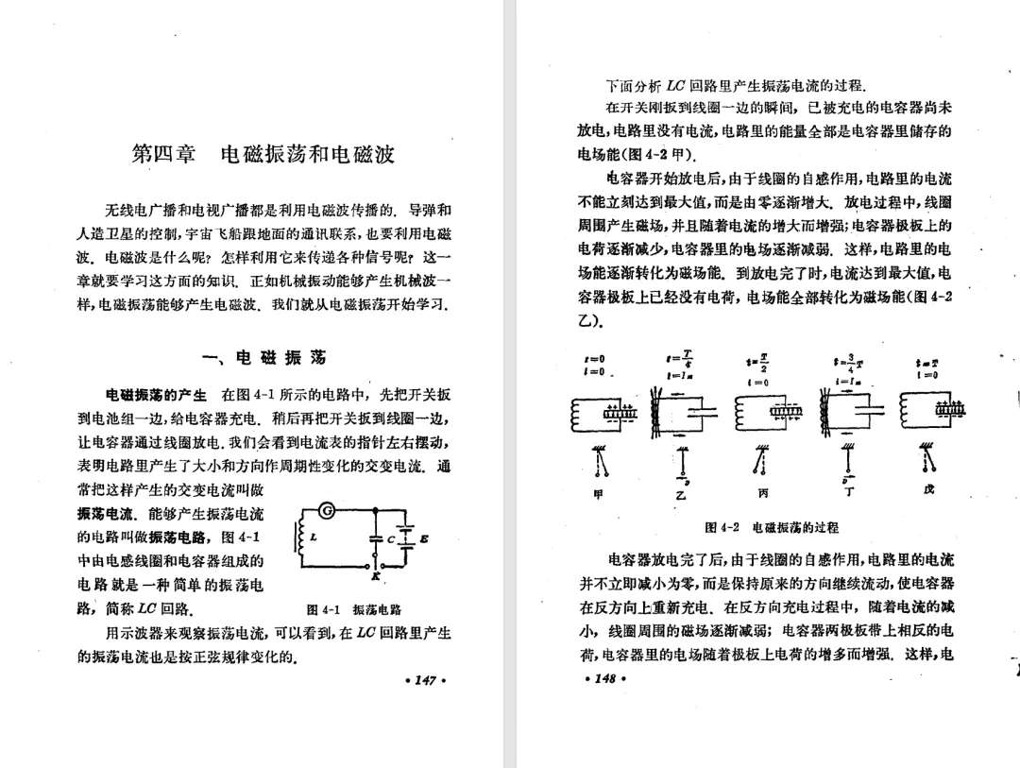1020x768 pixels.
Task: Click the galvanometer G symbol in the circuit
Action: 329,511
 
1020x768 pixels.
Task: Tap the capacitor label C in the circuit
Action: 389,539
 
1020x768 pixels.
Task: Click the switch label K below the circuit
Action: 378,573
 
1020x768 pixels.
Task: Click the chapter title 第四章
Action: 164,154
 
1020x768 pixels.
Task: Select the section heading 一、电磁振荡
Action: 265,357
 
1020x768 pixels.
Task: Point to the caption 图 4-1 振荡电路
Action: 354,610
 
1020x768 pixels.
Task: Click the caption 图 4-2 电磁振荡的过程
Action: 772,527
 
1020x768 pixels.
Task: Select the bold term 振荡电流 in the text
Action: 104,513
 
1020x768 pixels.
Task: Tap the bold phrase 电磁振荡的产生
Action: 156,395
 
